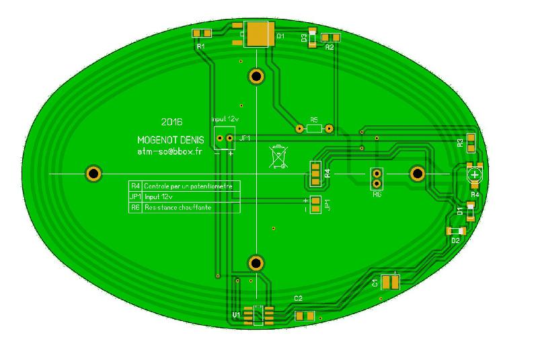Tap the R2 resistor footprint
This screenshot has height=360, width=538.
(x=330, y=38)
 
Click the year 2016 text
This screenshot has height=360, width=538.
(x=172, y=122)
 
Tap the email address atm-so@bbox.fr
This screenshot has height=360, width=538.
(x=169, y=152)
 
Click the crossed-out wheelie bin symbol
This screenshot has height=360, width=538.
(x=278, y=156)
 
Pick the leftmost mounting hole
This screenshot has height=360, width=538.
(x=93, y=174)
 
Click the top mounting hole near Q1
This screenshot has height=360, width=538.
(x=256, y=76)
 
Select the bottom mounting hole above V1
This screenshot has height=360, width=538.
(x=256, y=262)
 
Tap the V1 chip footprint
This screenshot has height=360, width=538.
(x=258, y=315)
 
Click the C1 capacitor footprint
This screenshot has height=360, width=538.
(x=390, y=283)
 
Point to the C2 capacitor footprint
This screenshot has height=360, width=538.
(x=305, y=316)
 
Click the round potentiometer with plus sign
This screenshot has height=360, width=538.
(x=475, y=174)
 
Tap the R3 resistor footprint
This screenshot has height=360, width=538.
(x=471, y=143)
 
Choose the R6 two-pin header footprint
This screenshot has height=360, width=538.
(x=377, y=178)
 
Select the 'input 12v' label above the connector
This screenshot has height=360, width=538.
(x=226, y=118)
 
